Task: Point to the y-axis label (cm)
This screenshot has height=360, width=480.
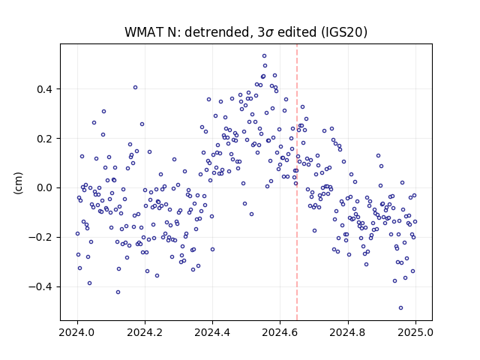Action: tap(18, 183)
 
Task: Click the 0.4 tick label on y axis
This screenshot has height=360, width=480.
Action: tap(44, 89)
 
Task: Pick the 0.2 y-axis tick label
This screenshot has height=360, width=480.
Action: tap(44, 139)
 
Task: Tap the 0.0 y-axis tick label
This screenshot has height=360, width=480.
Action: tap(44, 188)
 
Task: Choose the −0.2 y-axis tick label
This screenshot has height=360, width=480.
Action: tap(40, 237)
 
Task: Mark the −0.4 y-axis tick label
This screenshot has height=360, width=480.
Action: tap(40, 286)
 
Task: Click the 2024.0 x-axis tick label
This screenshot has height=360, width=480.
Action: tap(77, 332)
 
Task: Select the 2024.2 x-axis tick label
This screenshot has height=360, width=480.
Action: tap(145, 332)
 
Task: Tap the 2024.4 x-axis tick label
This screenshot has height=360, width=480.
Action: tap(212, 332)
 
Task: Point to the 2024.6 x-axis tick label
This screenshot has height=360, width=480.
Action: tap(280, 332)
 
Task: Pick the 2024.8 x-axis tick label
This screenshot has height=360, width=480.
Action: tap(348, 332)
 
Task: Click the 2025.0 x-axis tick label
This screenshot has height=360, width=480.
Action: tap(415, 332)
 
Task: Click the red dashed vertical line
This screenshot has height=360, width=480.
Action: tap(297, 182)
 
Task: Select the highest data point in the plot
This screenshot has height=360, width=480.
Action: tap(264, 56)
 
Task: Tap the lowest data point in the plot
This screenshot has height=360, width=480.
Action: tap(400, 308)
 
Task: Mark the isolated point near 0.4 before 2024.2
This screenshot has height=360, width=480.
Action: tap(135, 88)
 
